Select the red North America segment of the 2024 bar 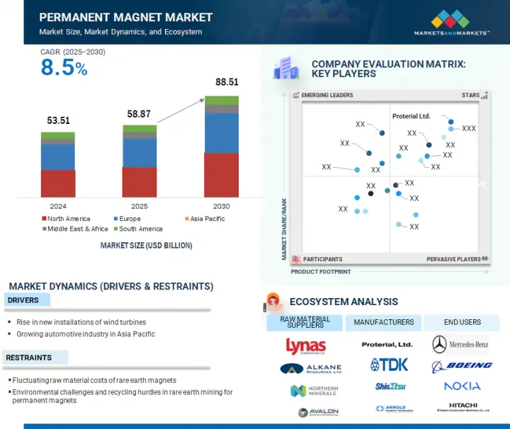pyautogui.click(x=58, y=183)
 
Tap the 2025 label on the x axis pyautogui.click(x=139, y=206)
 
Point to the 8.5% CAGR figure pyautogui.click(x=64, y=68)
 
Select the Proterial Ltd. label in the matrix pyautogui.click(x=411, y=116)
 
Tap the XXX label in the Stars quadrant pyautogui.click(x=469, y=129)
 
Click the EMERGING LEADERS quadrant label pyautogui.click(x=327, y=95)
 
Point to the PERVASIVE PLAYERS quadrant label pyautogui.click(x=453, y=259)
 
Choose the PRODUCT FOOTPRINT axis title pyautogui.click(x=320, y=271)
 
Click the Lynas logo pyautogui.click(x=305, y=345)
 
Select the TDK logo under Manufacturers pyautogui.click(x=389, y=365)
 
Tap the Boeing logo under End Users pyautogui.click(x=461, y=365)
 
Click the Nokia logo pyautogui.click(x=462, y=386)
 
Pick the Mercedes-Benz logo pyautogui.click(x=460, y=345)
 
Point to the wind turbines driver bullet pyautogui.click(x=81, y=322)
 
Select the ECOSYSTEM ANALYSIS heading pyautogui.click(x=344, y=302)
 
